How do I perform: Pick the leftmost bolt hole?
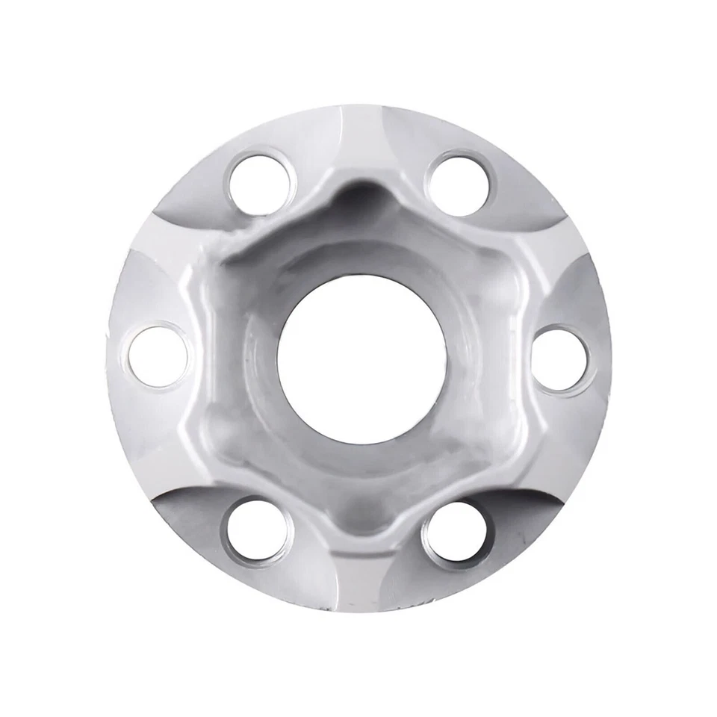158,356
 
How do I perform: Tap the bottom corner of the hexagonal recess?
358,523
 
